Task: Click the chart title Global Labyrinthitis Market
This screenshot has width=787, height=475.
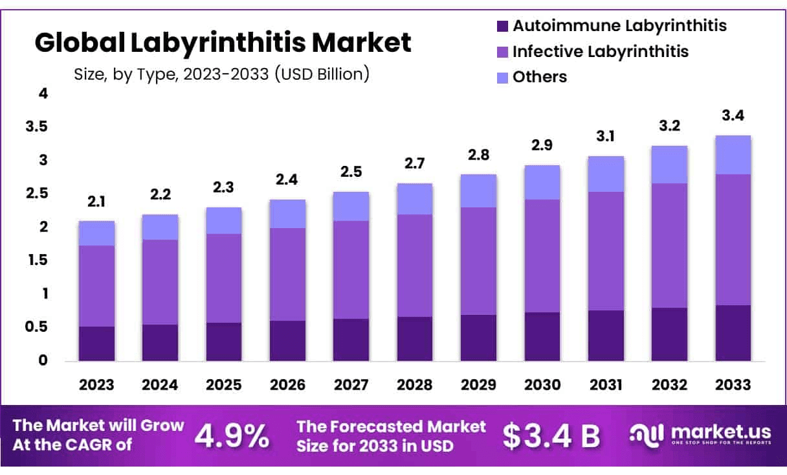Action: (x=223, y=43)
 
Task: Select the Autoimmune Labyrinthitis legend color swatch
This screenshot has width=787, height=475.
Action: (x=503, y=27)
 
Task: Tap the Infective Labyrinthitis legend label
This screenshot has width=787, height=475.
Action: (x=601, y=51)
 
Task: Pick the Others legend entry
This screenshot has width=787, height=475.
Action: (x=539, y=77)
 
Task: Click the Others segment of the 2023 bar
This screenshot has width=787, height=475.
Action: (x=96, y=233)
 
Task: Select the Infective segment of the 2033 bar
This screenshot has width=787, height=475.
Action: (x=733, y=239)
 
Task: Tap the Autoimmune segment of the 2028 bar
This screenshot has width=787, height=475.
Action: (x=415, y=338)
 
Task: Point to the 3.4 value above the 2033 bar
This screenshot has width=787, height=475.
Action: (x=733, y=117)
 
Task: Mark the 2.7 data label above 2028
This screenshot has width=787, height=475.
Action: (x=415, y=165)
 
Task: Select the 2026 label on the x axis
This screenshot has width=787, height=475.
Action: (x=287, y=384)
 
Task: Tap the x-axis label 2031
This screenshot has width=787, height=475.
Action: (x=606, y=384)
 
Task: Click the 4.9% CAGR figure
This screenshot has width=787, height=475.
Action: (x=232, y=436)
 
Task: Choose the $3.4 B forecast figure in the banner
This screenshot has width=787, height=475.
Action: (x=551, y=436)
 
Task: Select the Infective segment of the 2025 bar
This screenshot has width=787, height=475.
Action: (x=224, y=278)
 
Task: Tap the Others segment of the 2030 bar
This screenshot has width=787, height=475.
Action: (x=542, y=182)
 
